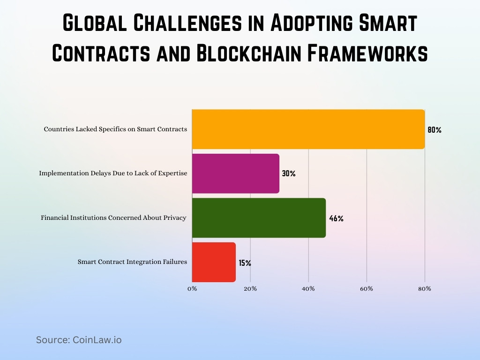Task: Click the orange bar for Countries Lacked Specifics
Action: pos(308,129)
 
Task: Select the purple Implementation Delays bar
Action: pos(235,173)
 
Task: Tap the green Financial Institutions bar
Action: pos(259,218)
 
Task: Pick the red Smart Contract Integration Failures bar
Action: pos(214,262)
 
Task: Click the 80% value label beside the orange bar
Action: pos(434,130)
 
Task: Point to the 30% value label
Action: pos(289,173)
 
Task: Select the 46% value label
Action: pos(336,218)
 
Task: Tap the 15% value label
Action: pos(245,263)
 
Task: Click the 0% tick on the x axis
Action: pos(192,289)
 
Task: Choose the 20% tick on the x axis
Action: pos(250,289)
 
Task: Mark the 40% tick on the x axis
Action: pos(308,289)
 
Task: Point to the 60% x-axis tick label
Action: pos(367,289)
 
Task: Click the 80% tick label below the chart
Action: pos(425,289)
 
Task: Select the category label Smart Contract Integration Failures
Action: pos(132,262)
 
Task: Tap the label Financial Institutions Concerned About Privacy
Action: pos(114,217)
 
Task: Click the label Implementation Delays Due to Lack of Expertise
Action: pos(113,173)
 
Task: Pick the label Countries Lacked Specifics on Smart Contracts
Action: pos(115,129)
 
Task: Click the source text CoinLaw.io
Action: pos(97,340)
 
